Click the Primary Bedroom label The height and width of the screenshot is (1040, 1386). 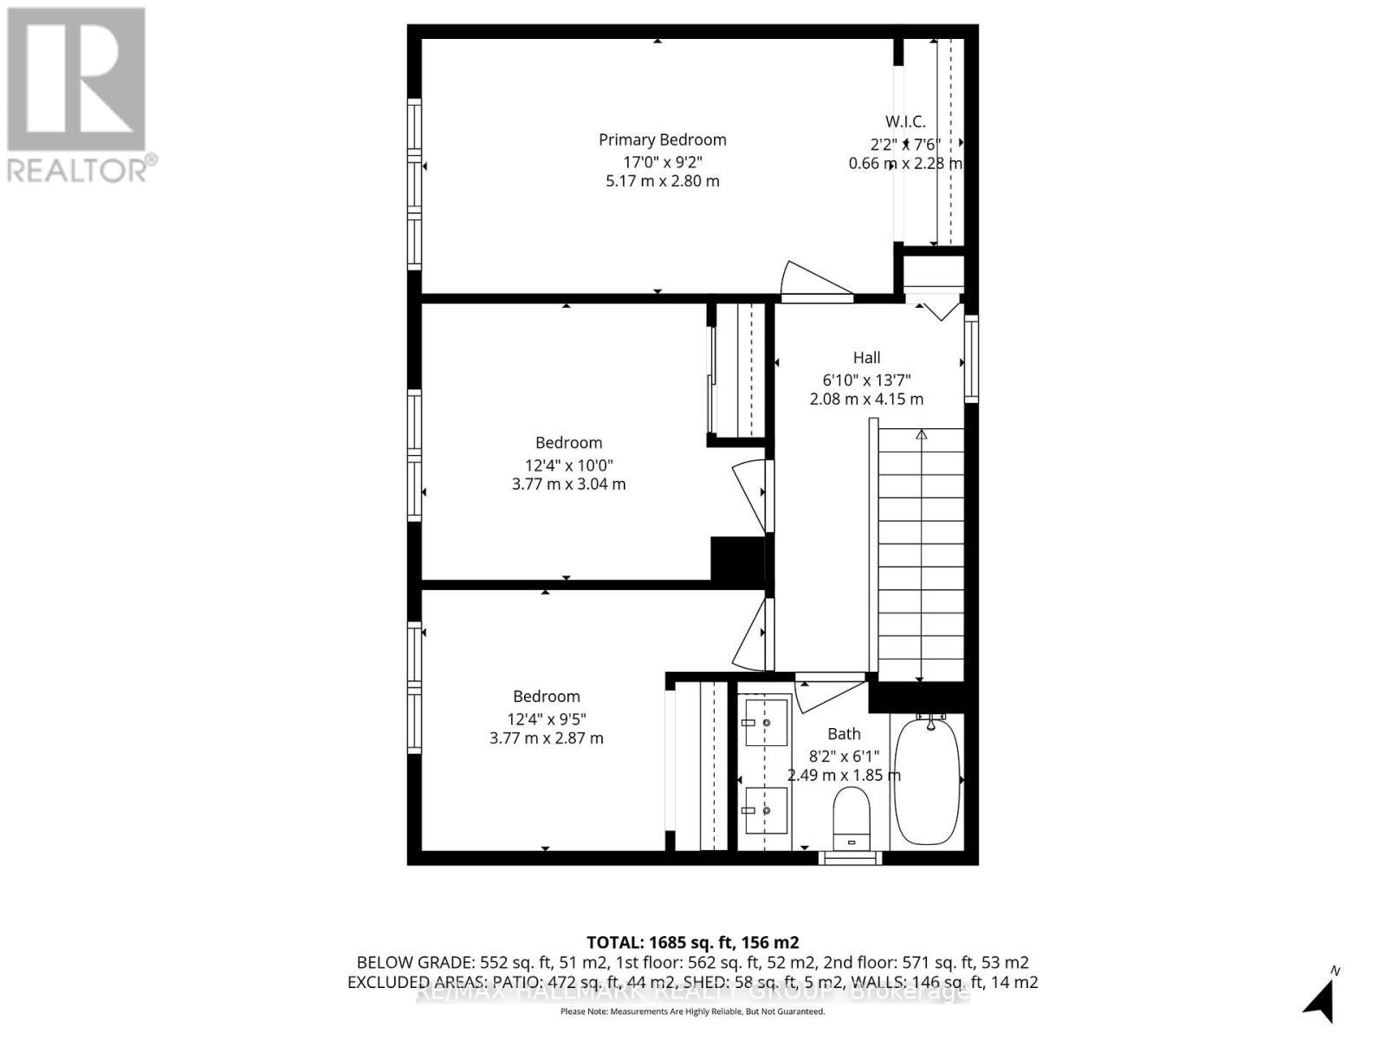pyautogui.click(x=662, y=140)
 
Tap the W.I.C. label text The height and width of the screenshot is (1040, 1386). pyautogui.click(x=905, y=122)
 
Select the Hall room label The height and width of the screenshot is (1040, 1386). pyautogui.click(x=866, y=358)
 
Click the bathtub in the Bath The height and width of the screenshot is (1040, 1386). pyautogui.click(x=926, y=779)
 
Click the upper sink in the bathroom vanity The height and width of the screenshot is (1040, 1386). pyautogui.click(x=766, y=722)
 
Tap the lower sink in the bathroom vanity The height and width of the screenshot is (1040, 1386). pyautogui.click(x=766, y=810)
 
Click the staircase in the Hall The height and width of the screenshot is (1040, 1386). pyautogui.click(x=920, y=555)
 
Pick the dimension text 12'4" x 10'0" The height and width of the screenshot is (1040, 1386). pyautogui.click(x=568, y=465)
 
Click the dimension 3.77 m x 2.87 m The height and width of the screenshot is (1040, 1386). pyautogui.click(x=546, y=738)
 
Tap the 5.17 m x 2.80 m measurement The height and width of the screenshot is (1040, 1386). pyautogui.click(x=662, y=181)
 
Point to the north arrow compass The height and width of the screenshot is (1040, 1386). pyautogui.click(x=1320, y=1002)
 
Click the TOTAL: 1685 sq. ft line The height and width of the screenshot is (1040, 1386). pyautogui.click(x=692, y=942)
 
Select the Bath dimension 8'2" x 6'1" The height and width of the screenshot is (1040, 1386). pyautogui.click(x=844, y=755)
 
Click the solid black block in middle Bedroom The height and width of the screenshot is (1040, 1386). pyautogui.click(x=737, y=559)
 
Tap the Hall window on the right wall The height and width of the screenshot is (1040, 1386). pyautogui.click(x=971, y=358)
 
